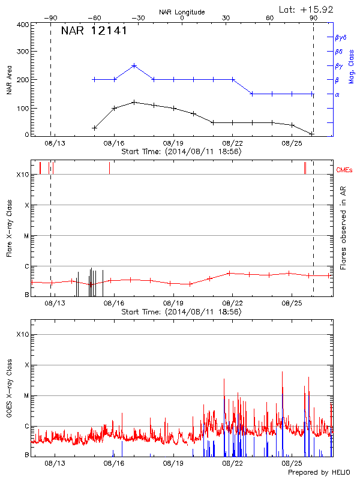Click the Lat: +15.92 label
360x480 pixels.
click(x=307, y=9)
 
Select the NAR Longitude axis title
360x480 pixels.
click(x=182, y=12)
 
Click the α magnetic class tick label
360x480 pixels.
click(x=337, y=94)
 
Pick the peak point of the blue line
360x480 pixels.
click(x=134, y=65)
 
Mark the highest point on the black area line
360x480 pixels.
click(x=134, y=102)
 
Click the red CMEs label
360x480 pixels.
click(x=346, y=171)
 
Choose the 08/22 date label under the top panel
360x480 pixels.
click(x=232, y=143)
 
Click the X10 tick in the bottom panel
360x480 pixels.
click(x=23, y=334)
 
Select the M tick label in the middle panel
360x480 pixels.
click(x=27, y=236)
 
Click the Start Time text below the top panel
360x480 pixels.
click(x=181, y=152)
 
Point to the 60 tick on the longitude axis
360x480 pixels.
click(x=269, y=18)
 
